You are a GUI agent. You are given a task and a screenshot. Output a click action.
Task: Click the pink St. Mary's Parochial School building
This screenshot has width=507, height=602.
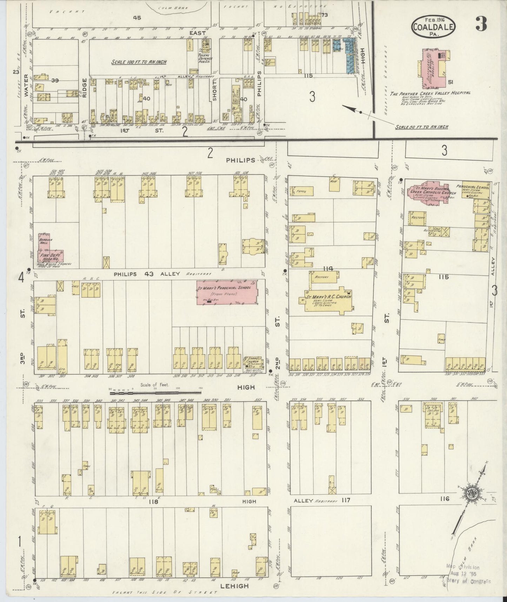click(x=226, y=292)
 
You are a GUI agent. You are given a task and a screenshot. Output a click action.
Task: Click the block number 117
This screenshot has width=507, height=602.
click(x=346, y=500)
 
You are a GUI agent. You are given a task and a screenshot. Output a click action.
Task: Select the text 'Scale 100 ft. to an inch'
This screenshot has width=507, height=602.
click(x=139, y=62)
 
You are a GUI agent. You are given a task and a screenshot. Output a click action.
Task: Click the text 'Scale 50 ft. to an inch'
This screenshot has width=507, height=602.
click(x=421, y=127)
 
